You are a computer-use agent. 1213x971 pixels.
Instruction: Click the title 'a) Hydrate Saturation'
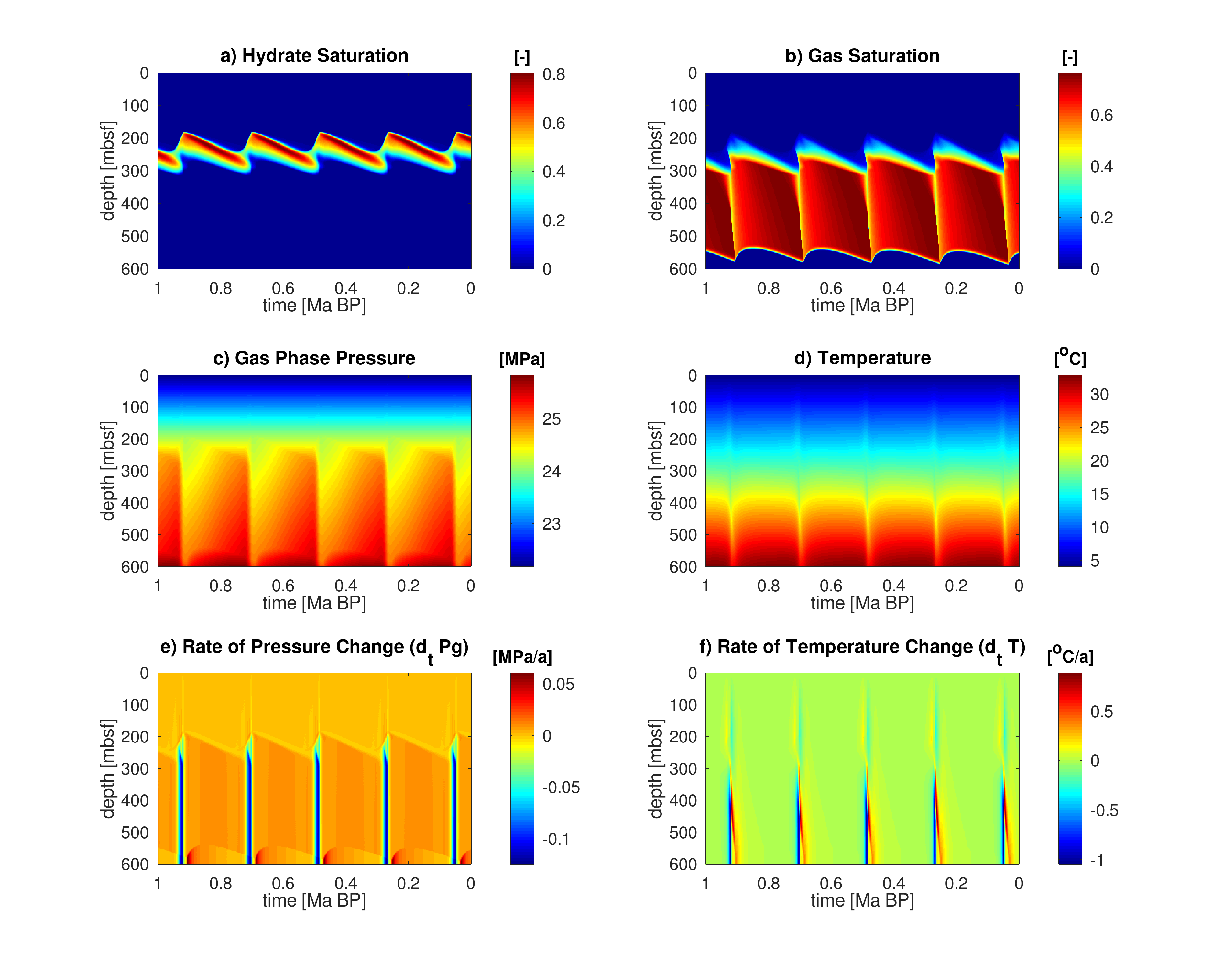click(x=314, y=56)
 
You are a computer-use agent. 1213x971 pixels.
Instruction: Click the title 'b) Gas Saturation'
click(x=862, y=56)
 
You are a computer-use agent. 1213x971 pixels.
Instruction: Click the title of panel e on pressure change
click(x=314, y=647)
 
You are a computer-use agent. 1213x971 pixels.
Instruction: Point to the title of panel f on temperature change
click(x=862, y=647)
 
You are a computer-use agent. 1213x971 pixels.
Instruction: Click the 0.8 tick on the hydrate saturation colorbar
click(x=554, y=74)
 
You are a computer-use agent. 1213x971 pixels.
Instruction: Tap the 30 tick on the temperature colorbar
click(x=1099, y=395)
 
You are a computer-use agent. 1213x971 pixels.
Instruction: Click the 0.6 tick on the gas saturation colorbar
click(x=1101, y=116)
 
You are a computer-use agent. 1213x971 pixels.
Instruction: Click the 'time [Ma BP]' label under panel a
click(x=314, y=306)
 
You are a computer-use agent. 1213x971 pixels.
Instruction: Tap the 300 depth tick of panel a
click(x=135, y=171)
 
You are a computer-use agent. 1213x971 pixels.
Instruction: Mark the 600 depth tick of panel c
click(x=135, y=567)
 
